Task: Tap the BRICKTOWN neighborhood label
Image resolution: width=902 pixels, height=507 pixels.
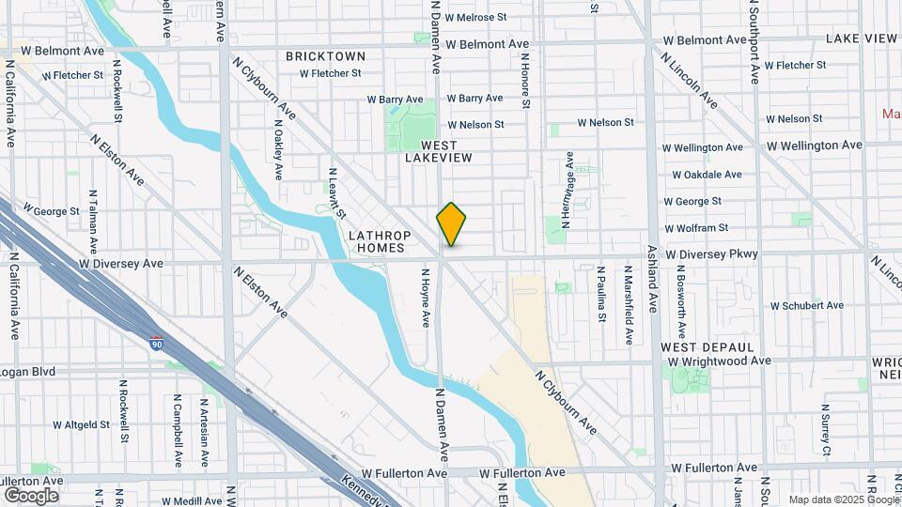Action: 325,56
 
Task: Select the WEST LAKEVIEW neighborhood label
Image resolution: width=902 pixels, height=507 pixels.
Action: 431,152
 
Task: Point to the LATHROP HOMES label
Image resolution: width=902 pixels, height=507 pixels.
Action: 376,241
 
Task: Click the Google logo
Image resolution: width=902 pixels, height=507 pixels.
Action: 31,495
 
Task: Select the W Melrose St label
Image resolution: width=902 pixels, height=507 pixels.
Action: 475,17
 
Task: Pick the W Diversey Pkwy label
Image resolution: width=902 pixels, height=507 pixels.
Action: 711,254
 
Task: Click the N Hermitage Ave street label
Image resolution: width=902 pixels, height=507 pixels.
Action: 569,191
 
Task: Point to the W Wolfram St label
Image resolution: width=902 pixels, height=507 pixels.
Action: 696,228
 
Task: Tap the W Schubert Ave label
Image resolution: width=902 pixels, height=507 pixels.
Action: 806,305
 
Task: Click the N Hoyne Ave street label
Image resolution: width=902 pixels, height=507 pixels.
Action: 426,299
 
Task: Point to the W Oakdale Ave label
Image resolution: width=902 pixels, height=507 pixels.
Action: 707,175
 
